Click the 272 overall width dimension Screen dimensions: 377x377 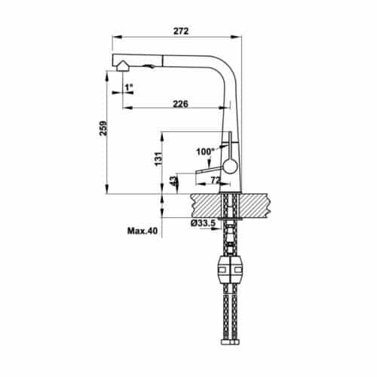[x=179, y=32]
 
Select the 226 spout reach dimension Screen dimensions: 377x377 [x=180, y=104]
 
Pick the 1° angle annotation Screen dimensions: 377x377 [x=129, y=88]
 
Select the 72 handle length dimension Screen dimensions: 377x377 [x=215, y=181]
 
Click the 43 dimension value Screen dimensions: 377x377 [x=173, y=181]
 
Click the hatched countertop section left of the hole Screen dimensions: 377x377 [x=205, y=204]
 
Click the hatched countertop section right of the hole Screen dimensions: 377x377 [x=255, y=204]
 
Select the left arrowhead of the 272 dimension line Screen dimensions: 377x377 [x=115, y=37]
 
